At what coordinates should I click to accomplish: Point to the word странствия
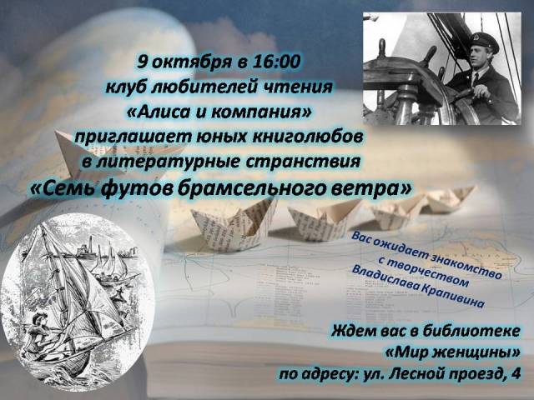(303, 162)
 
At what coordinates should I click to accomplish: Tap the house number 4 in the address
(516, 374)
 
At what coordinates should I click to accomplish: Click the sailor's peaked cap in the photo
(484, 40)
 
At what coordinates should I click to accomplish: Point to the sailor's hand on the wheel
(481, 91)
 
